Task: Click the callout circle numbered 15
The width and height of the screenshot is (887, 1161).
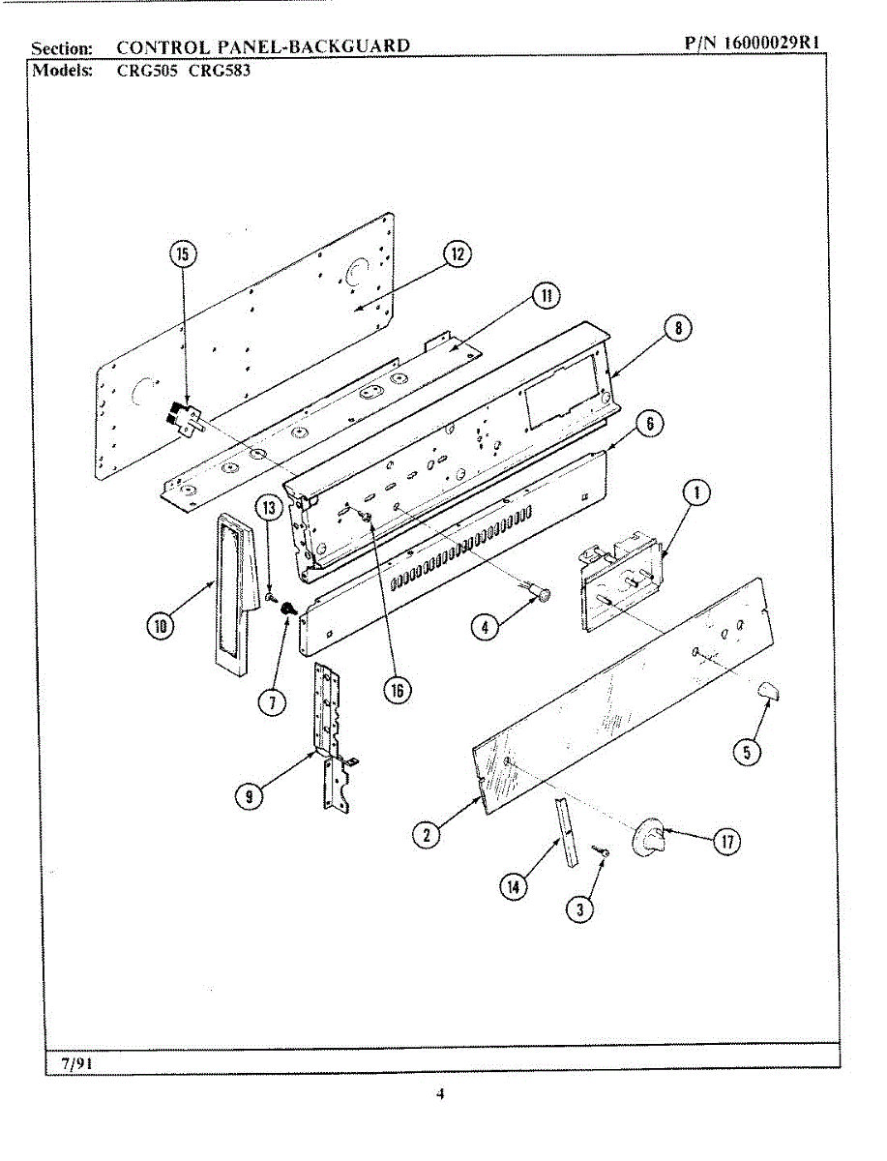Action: (182, 254)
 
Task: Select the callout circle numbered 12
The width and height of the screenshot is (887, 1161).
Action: (456, 254)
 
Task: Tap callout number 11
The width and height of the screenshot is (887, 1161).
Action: (547, 296)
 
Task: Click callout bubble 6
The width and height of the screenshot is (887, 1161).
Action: (649, 423)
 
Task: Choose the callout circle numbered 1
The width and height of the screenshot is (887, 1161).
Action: (694, 493)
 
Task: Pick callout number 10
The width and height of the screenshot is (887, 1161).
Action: (160, 626)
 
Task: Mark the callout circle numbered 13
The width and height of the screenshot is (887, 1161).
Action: (268, 506)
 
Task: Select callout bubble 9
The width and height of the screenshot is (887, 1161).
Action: (250, 796)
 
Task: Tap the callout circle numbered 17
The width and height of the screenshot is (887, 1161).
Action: (726, 842)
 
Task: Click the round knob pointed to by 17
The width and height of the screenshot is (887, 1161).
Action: (651, 835)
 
